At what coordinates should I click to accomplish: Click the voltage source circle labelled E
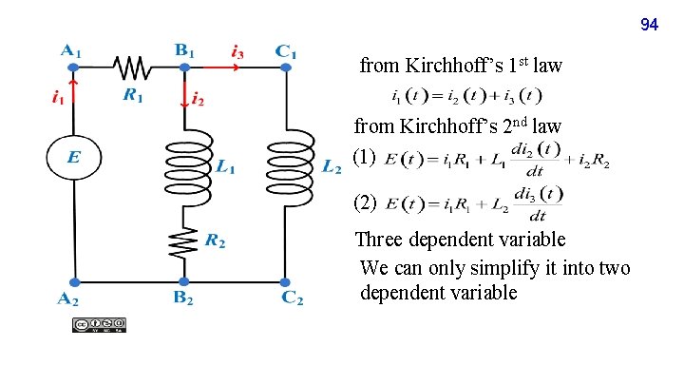point(73,160)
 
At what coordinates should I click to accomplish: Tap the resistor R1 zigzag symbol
point(130,67)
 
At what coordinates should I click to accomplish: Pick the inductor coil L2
point(286,166)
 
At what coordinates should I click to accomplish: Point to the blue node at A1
point(73,68)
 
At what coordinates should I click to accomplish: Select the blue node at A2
point(73,282)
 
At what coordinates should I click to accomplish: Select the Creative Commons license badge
point(98,325)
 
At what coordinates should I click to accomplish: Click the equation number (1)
point(365,158)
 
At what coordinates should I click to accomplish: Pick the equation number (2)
point(365,202)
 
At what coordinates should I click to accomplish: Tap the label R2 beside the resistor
point(216,242)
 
